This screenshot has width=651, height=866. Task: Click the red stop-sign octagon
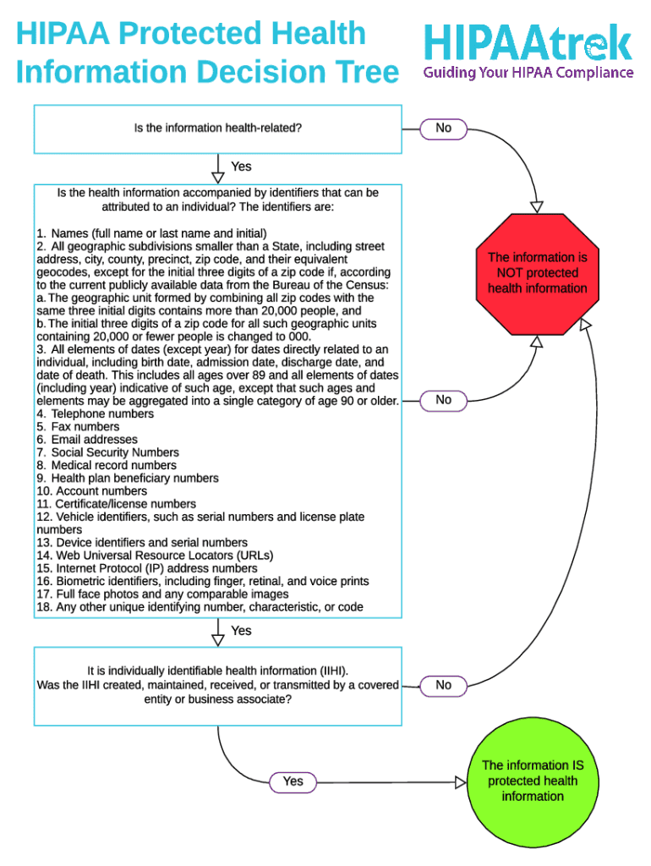coord(537,273)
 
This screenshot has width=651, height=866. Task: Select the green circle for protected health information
coord(533,781)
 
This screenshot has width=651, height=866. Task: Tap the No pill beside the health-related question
coord(443,129)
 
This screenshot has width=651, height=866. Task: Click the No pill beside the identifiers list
coord(443,400)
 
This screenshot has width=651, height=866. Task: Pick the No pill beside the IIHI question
coord(443,685)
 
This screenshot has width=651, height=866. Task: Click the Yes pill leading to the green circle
coord(293,781)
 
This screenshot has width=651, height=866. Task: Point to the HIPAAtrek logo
coord(528,42)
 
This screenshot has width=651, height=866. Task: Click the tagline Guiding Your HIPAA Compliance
coord(528,73)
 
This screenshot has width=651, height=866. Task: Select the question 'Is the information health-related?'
coord(218,129)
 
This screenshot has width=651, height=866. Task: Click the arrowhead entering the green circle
coord(461,782)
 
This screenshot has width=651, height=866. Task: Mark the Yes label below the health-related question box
coord(241,167)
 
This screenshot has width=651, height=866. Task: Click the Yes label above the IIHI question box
coord(241,631)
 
